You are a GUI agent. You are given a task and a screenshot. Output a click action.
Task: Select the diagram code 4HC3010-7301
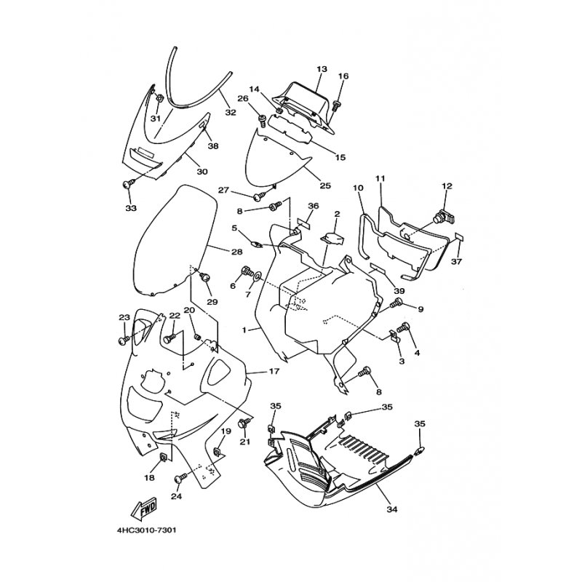tap(147, 530)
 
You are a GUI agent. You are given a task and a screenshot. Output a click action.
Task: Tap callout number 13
tap(322, 69)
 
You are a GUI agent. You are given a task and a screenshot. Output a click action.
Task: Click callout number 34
tap(392, 509)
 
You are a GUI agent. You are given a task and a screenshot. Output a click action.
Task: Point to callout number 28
tap(237, 252)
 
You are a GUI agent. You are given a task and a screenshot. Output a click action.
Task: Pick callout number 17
tap(274, 371)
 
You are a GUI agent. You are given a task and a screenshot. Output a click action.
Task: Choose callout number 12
tap(447, 186)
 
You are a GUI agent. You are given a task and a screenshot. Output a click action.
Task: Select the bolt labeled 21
tap(244, 424)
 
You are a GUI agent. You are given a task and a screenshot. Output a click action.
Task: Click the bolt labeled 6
tap(247, 271)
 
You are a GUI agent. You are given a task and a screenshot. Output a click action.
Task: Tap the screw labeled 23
tap(124, 340)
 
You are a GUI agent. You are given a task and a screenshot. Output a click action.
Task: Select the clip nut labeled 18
tap(162, 458)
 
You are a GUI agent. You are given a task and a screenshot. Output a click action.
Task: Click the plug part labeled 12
tap(444, 217)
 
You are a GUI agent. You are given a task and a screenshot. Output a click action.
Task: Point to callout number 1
tap(244, 330)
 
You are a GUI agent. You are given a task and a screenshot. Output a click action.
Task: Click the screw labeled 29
tap(204, 277)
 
